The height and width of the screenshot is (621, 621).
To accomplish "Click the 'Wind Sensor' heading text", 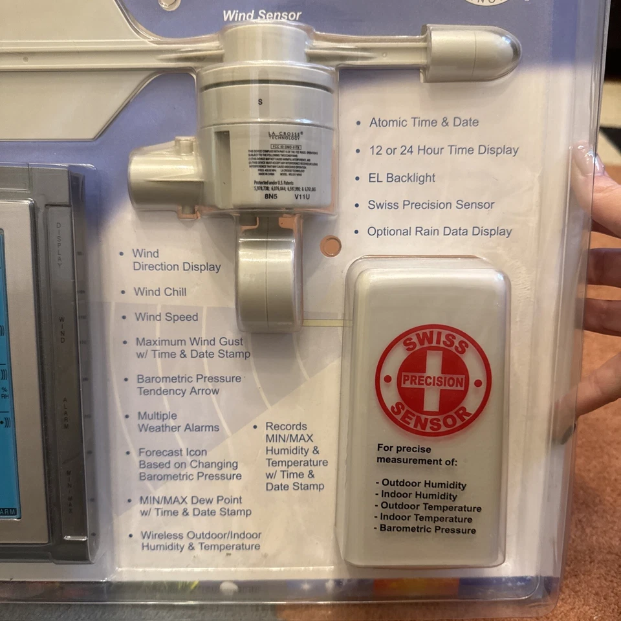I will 262,15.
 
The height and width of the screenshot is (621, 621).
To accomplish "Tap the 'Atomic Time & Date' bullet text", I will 424,122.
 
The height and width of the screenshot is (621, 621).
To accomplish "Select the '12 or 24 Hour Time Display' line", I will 444,150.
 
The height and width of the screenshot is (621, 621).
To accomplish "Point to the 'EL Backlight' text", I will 402,178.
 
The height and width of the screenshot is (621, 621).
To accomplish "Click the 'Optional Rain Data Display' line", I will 439,232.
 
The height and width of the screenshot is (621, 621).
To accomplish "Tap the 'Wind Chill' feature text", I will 160,292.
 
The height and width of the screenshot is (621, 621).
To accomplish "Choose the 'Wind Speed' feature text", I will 166,317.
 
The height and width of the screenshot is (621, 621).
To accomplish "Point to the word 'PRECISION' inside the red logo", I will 433,381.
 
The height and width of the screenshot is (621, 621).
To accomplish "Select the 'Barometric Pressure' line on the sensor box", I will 428,529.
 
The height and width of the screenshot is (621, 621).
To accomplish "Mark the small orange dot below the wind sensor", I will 331,246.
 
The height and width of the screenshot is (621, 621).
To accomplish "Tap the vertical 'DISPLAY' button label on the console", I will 59,245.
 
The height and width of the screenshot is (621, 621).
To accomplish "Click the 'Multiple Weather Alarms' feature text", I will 178,422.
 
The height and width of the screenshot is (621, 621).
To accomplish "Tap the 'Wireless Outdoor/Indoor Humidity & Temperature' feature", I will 201,541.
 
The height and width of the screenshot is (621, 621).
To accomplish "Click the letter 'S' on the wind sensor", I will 260,102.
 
